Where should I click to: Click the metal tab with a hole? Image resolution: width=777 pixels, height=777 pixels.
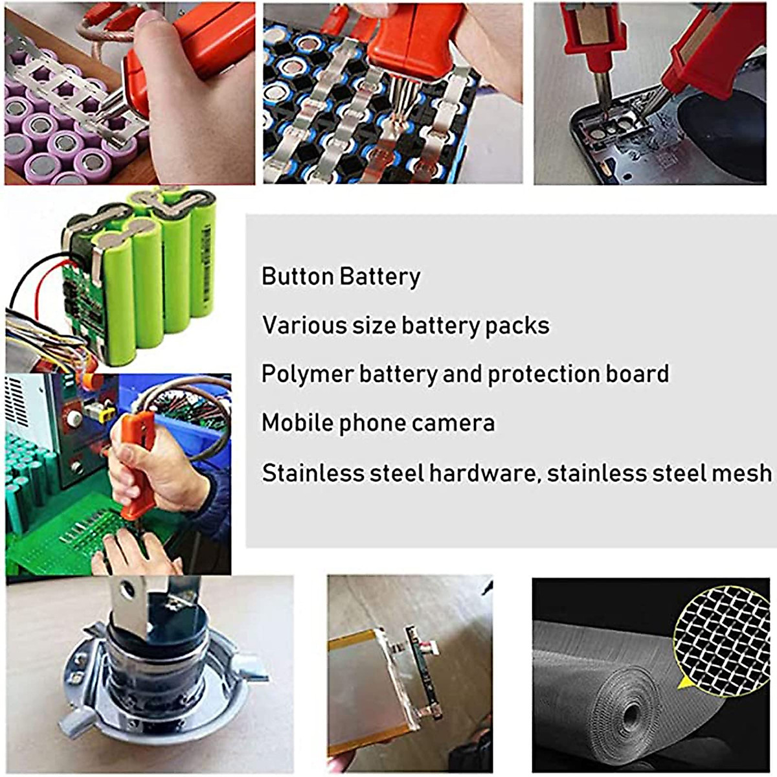128,602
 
